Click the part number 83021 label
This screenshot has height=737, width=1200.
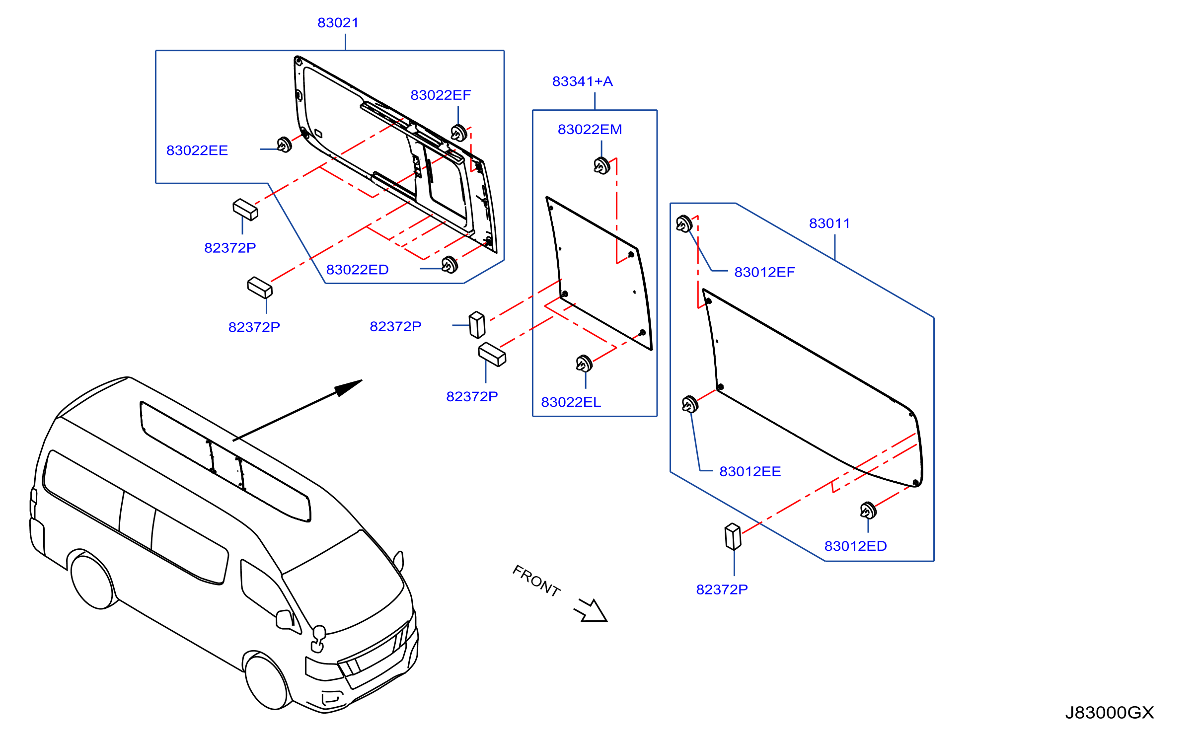338,23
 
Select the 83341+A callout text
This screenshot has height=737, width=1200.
583,81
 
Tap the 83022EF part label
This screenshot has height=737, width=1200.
441,95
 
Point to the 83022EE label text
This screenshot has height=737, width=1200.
197,150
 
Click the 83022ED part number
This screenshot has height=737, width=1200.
357,270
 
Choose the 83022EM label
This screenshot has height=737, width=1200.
590,130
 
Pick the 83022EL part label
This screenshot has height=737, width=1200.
571,402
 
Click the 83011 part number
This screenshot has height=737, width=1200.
829,223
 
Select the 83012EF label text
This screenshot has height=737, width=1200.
764,272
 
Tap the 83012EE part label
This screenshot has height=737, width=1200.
750,471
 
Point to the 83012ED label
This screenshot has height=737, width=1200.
855,546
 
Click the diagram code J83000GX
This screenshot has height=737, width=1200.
1110,713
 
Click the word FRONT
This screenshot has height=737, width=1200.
536,581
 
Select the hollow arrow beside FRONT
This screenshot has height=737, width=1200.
591,611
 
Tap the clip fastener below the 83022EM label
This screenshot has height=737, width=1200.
602,165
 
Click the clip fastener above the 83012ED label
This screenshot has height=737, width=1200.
868,511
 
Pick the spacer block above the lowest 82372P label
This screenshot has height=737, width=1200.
733,536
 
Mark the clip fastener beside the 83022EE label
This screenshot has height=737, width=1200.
284,145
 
